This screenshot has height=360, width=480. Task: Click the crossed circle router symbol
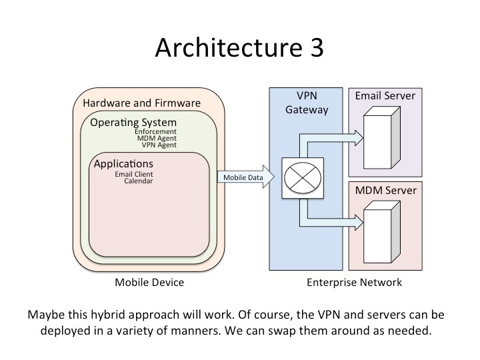[x=303, y=178]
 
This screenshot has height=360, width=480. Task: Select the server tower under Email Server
[x=382, y=137]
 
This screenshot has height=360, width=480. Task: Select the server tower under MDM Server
[x=382, y=232]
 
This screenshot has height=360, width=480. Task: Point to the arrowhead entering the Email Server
[x=359, y=138]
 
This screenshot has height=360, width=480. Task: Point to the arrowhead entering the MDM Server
[x=359, y=222]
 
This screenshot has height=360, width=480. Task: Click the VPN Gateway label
[x=307, y=103]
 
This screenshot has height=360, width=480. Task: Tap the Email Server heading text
[x=385, y=96]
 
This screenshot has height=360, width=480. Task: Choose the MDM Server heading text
[x=386, y=191]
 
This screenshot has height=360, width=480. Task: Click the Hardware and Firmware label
[x=142, y=103]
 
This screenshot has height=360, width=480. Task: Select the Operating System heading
[x=133, y=123]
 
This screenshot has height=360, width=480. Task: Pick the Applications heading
[x=123, y=164]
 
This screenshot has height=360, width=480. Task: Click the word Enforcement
[x=155, y=131]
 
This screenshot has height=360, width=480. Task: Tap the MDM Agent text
[x=157, y=138]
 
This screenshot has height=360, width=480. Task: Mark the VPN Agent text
[x=159, y=145]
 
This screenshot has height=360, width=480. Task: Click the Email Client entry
[x=134, y=174]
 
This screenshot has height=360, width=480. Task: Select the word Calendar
[x=139, y=181]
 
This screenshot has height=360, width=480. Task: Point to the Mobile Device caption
[x=149, y=282]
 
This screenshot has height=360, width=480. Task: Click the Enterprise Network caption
[x=354, y=282]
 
